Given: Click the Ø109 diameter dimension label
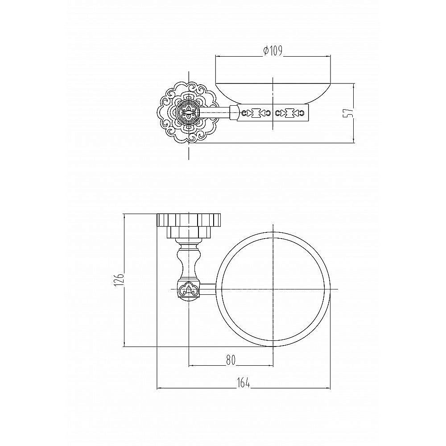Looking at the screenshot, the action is point(273,51).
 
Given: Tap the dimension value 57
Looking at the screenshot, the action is point(350,112).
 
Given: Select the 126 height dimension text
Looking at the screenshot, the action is point(119,279).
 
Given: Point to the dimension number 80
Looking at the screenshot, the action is point(231,360).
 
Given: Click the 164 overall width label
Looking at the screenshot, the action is point(243,383).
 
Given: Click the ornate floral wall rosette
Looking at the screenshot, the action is point(188,112).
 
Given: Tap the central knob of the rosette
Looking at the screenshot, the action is point(189,113).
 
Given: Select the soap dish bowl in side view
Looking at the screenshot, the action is point(273,94).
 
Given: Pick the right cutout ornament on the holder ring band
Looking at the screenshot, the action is point(289,113).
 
